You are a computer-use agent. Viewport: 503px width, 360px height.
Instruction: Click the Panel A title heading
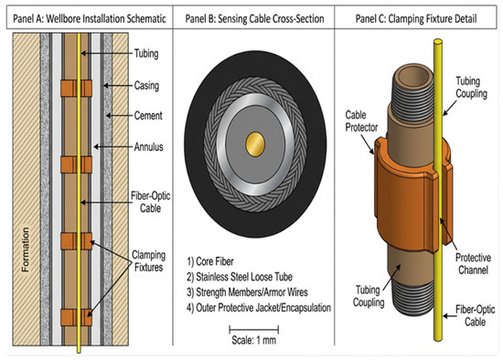click(x=90, y=18)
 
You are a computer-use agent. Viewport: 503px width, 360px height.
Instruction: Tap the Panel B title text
click(x=254, y=18)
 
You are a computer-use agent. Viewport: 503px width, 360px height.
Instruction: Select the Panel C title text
click(x=416, y=18)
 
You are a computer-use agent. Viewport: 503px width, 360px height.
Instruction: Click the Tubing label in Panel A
click(x=146, y=54)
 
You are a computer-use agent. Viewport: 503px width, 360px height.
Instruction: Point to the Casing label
click(x=146, y=86)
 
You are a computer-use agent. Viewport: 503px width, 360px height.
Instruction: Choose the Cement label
click(x=148, y=115)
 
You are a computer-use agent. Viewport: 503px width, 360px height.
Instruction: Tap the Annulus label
click(x=148, y=147)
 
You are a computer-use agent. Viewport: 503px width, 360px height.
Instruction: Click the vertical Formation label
click(x=25, y=249)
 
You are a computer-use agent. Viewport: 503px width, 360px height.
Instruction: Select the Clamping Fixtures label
click(x=149, y=261)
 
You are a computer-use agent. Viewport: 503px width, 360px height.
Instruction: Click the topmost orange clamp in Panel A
click(x=76, y=88)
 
